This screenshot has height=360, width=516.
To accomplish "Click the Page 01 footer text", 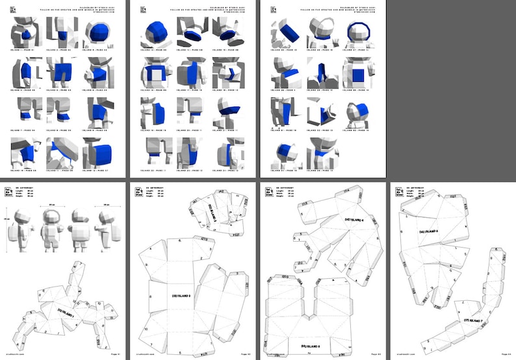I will [x=118, y=355].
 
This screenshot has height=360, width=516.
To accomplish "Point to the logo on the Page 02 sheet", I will [x=138, y=190].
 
